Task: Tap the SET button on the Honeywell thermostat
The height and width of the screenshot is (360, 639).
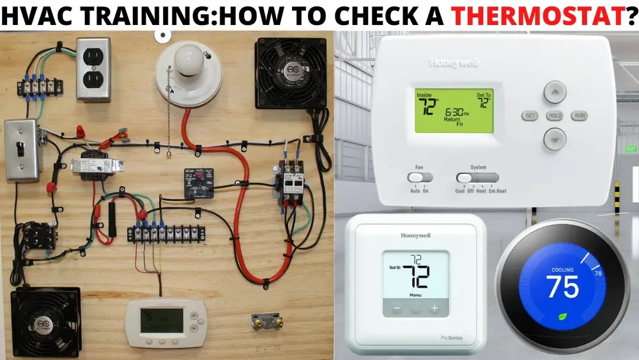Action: pyautogui.click(x=530, y=116)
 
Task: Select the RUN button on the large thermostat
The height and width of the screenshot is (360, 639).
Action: pyautogui.click(x=580, y=116)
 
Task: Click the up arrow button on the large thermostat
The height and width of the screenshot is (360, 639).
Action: pyautogui.click(x=555, y=92)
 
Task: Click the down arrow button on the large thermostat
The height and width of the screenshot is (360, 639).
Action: pyautogui.click(x=555, y=138)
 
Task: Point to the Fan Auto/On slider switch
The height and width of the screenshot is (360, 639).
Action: pyautogui.click(x=419, y=177)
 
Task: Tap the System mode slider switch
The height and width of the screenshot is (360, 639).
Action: pyautogui.click(x=477, y=177)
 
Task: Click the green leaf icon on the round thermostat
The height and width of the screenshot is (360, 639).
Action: pyautogui.click(x=562, y=315)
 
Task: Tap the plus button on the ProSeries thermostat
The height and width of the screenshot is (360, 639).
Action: pyautogui.click(x=435, y=308)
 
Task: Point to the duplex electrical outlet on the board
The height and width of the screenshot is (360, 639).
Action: pyautogui.click(x=93, y=68)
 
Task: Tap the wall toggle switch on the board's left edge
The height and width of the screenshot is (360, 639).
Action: pyautogui.click(x=21, y=148)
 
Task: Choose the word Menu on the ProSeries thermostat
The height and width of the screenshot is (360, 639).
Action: pyautogui.click(x=415, y=295)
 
